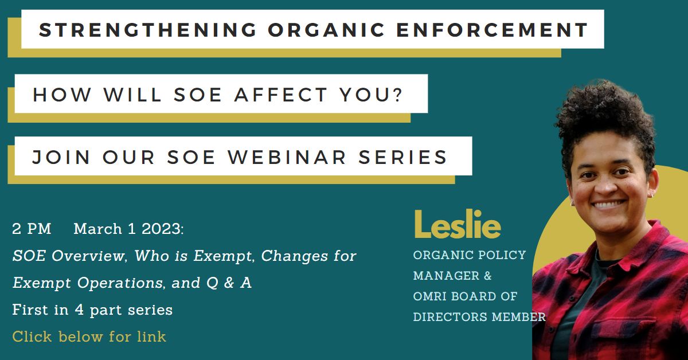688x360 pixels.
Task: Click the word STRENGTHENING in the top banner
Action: click(148, 30)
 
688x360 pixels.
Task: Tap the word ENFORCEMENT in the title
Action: click(492, 30)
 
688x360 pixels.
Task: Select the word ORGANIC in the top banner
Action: click(326, 30)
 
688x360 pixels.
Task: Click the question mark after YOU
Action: click(398, 95)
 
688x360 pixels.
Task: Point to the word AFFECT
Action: click(281, 95)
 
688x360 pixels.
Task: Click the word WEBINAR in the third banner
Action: click(287, 157)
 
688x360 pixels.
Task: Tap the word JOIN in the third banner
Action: click(61, 157)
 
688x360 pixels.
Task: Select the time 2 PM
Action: click(32, 229)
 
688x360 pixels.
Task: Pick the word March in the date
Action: click(97, 229)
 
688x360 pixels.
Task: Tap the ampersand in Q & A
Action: click(229, 283)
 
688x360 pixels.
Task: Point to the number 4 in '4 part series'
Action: click(79, 310)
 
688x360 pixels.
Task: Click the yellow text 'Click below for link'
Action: click(89, 336)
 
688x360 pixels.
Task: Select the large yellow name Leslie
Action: click(458, 224)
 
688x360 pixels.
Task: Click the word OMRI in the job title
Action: click(429, 296)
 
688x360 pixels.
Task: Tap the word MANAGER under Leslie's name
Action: click(446, 276)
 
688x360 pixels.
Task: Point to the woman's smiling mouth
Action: click(609, 204)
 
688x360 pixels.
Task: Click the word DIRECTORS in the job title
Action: click(450, 317)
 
